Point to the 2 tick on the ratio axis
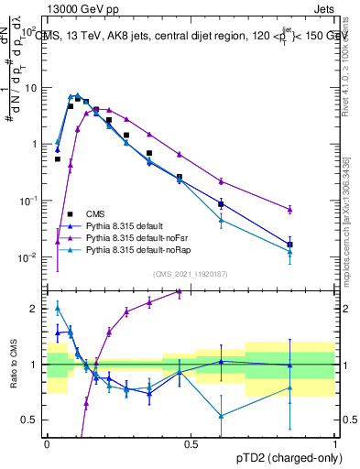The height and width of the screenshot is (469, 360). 34,309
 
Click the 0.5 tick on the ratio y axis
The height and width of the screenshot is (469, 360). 30,420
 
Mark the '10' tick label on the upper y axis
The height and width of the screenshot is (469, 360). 29,88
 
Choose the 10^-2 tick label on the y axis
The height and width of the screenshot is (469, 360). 27,256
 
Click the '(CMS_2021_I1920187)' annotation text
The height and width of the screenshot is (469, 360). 191,273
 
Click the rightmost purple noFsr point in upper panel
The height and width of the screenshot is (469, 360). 289,210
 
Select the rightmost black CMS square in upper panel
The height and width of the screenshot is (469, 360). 289,245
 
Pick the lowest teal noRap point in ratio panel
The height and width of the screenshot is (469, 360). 221,416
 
